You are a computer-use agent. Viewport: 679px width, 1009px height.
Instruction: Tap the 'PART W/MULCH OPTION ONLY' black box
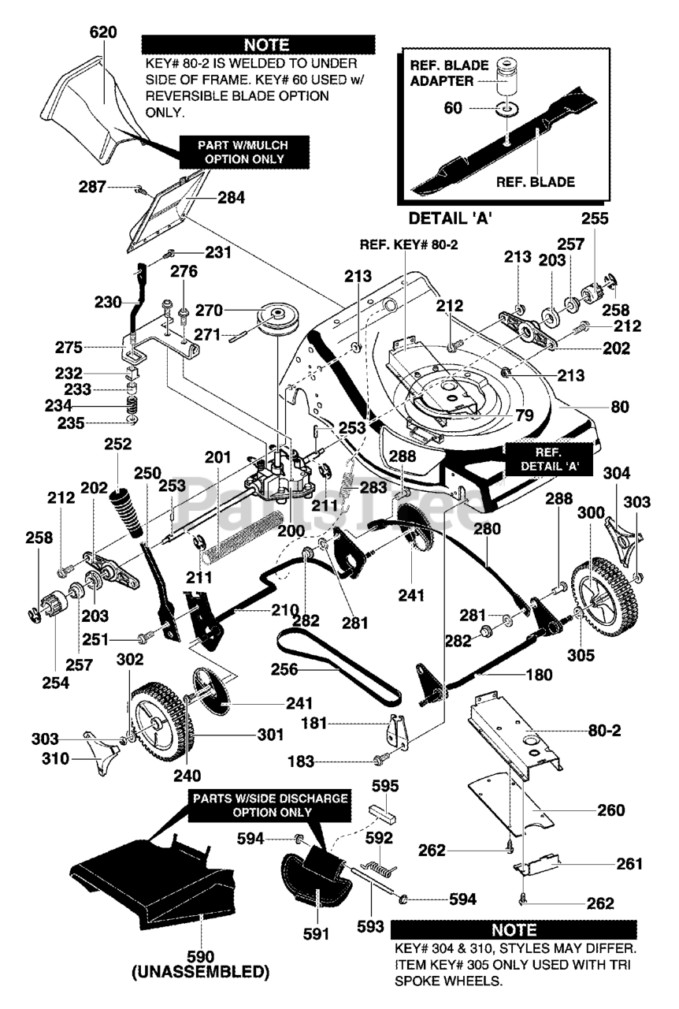[233, 151]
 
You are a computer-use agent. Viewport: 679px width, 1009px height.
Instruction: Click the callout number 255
[596, 221]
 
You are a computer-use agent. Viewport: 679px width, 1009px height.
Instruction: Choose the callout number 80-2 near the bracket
[604, 731]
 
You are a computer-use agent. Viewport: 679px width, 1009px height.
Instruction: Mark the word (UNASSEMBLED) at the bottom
[201, 971]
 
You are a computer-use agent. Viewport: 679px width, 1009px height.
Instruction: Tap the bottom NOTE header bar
[513, 929]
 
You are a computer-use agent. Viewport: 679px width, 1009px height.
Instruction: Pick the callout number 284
[231, 198]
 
